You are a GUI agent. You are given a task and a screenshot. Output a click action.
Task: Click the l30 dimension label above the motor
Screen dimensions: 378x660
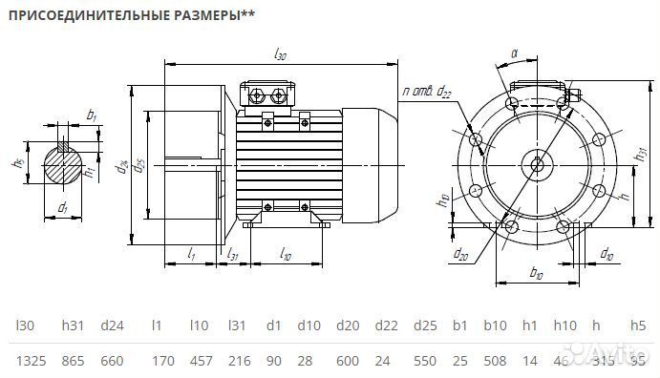click(280, 55)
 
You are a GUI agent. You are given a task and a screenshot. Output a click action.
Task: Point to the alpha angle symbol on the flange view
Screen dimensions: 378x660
click(514, 54)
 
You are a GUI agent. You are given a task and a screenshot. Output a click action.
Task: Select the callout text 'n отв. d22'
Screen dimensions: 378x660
click(426, 92)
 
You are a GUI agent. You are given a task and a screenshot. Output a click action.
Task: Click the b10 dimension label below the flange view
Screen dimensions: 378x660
click(536, 274)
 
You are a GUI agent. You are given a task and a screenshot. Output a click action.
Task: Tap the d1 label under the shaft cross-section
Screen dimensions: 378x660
click(62, 206)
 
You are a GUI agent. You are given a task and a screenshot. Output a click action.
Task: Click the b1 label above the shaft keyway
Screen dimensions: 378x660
click(92, 115)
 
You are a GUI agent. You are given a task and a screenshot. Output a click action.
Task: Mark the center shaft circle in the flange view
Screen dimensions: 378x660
click(536, 164)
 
